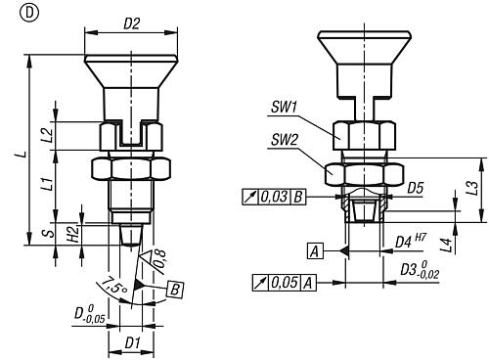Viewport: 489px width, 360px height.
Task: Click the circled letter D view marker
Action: click(x=29, y=13)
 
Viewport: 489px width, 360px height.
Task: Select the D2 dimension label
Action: click(x=131, y=23)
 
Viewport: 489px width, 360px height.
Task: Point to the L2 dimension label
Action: click(x=48, y=135)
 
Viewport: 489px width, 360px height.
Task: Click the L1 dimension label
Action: click(x=48, y=183)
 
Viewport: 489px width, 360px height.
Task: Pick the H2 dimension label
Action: click(x=73, y=234)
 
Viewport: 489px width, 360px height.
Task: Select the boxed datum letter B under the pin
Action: click(x=175, y=289)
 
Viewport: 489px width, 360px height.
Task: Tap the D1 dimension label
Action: click(x=132, y=342)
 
